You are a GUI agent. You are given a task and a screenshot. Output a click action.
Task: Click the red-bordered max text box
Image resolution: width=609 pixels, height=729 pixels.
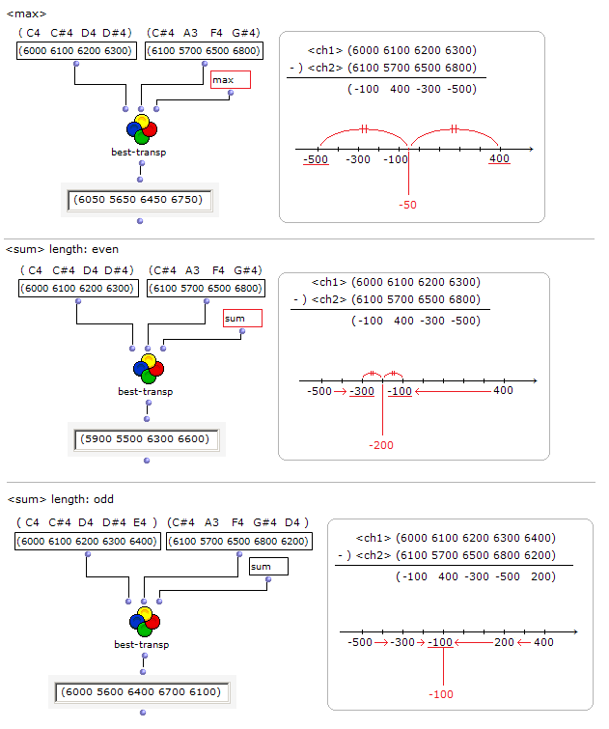pyautogui.click(x=231, y=80)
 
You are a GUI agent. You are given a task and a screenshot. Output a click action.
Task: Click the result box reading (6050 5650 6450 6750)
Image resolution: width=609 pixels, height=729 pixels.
pyautogui.click(x=140, y=200)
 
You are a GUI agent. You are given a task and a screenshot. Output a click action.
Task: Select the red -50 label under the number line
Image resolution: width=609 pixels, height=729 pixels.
pyautogui.click(x=408, y=206)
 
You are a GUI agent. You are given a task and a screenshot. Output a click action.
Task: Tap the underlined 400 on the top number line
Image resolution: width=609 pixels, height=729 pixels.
pyautogui.click(x=499, y=158)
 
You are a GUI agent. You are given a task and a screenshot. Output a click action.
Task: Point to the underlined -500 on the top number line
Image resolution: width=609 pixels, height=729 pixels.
pyautogui.click(x=316, y=158)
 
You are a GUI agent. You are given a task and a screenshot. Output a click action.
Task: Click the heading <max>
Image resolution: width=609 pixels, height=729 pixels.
pyautogui.click(x=26, y=14)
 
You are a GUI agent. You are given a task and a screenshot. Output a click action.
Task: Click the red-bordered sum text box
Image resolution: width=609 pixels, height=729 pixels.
pyautogui.click(x=242, y=318)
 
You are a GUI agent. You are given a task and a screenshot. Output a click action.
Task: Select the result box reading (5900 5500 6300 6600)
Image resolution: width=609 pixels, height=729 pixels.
pyautogui.click(x=146, y=439)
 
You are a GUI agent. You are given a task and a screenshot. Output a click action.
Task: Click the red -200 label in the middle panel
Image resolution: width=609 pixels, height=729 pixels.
pyautogui.click(x=382, y=445)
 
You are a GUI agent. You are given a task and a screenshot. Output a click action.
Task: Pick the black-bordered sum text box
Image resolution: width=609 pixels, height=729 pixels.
pyautogui.click(x=268, y=567)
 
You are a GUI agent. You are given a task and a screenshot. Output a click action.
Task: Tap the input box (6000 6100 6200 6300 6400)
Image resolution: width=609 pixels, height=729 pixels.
pyautogui.click(x=88, y=542)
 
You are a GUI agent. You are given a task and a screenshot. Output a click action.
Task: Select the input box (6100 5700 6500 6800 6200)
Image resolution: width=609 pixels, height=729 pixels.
pyautogui.click(x=238, y=542)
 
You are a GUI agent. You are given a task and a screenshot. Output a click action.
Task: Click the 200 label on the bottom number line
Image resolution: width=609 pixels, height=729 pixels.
pyautogui.click(x=504, y=642)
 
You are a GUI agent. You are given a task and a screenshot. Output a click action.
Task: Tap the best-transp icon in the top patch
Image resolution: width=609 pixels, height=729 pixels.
pyautogui.click(x=141, y=129)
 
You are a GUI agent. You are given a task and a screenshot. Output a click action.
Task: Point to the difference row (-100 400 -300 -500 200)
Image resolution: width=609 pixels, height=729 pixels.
pyautogui.click(x=476, y=576)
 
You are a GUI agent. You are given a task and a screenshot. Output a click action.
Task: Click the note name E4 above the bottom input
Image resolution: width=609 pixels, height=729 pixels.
pyautogui.click(x=140, y=522)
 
